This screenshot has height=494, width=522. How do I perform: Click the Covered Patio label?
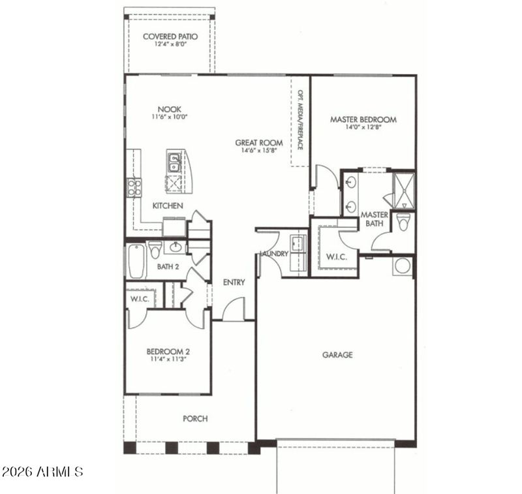point(170,37)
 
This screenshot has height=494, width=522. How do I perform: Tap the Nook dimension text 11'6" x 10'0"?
point(170,117)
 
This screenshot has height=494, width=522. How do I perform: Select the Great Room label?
point(259,143)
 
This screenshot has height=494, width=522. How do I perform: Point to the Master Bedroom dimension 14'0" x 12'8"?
point(363,127)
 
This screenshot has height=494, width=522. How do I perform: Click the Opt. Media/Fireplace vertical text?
point(300,120)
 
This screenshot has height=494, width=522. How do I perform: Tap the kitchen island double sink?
point(174,162)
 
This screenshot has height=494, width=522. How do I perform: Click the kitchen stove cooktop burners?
point(134,188)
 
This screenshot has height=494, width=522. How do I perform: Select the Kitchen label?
point(168,206)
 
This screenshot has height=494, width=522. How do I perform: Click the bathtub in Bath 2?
point(136,261)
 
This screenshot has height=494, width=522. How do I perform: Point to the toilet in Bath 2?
point(155,250)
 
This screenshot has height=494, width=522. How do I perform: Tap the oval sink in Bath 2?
point(175,247)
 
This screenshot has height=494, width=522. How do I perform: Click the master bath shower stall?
point(404,191)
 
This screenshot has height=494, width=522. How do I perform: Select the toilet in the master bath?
point(404,222)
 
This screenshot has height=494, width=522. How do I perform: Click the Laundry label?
point(273,254)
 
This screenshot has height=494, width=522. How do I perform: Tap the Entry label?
point(234,283)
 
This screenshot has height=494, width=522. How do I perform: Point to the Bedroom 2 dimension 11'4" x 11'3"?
point(168,359)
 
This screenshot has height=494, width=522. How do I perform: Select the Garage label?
point(337,355)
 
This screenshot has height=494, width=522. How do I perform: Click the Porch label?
point(195,418)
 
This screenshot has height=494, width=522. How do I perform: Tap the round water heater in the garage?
point(403,266)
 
